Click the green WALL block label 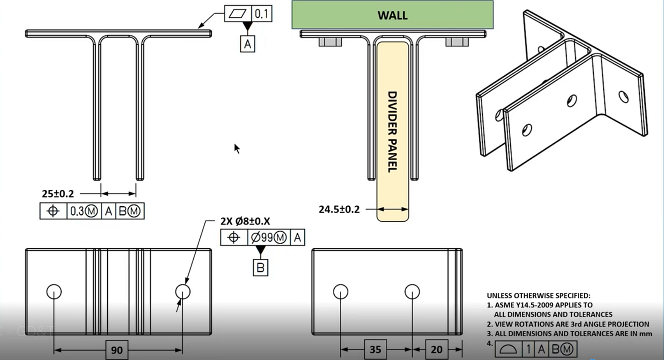392,15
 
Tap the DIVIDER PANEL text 392,131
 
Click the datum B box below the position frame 260,267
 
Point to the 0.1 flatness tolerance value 261,14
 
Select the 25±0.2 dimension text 58,193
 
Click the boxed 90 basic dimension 117,350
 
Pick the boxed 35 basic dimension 376,350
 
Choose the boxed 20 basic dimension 436,350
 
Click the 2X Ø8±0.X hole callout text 245,222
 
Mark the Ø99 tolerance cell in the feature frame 268,237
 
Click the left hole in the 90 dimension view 54,291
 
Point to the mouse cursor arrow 237,148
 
